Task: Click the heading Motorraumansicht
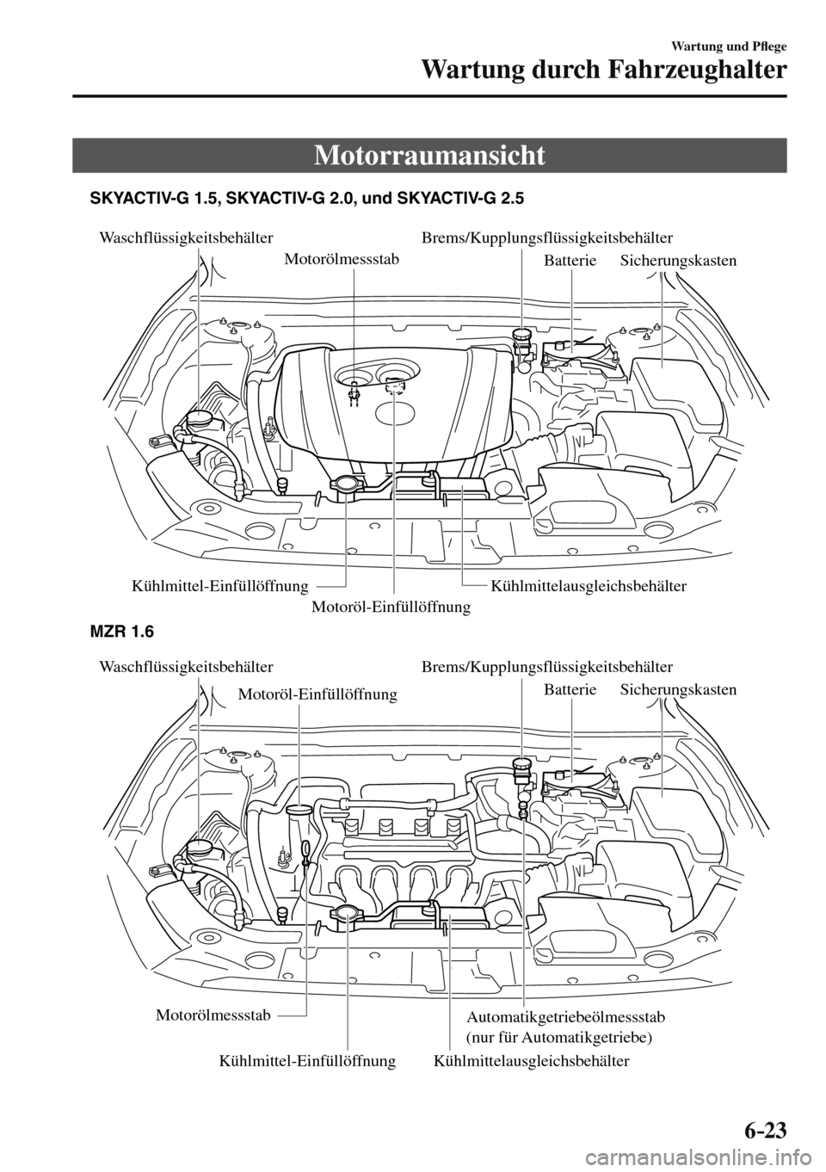429,156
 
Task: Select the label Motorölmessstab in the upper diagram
341,257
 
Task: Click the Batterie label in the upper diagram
570,260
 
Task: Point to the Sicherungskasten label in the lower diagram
678,689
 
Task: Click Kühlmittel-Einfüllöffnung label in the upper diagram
220,586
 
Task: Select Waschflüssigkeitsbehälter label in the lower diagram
187,666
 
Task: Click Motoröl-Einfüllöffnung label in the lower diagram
317,694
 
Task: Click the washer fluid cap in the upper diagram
200,419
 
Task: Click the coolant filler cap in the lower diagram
347,914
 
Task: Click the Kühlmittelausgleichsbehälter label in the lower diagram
532,1061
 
